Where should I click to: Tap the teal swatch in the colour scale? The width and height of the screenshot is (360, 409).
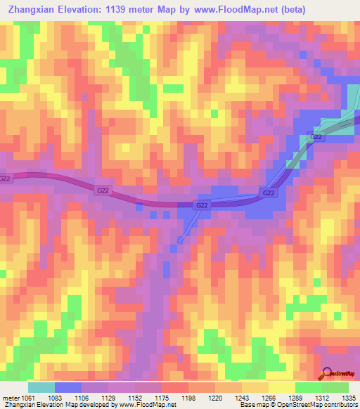click(41, 388)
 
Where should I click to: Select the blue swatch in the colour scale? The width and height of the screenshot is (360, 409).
click(68, 388)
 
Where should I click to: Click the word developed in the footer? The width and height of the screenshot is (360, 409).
click(96, 405)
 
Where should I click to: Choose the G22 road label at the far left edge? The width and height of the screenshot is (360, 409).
click(6, 178)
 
